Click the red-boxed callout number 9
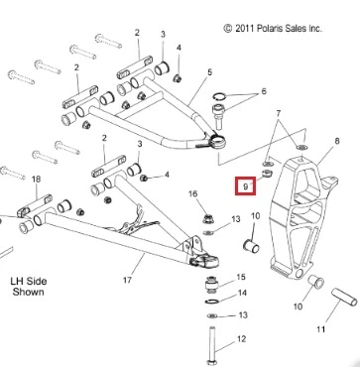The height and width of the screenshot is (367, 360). (x=245, y=186)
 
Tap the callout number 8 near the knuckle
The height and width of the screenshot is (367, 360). (x=337, y=141)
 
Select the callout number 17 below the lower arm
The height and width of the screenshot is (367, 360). (x=128, y=280)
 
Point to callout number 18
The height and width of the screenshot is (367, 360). (x=36, y=180)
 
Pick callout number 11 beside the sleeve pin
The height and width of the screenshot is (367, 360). (x=321, y=329)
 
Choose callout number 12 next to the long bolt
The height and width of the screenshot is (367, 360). (x=242, y=339)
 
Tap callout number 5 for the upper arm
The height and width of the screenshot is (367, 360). (x=210, y=72)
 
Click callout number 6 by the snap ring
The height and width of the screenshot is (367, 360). (x=264, y=91)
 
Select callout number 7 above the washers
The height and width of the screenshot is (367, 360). (x=278, y=114)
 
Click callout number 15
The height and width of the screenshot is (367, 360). (x=241, y=277)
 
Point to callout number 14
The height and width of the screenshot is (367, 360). (x=242, y=294)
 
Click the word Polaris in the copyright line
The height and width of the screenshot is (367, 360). (x=265, y=29)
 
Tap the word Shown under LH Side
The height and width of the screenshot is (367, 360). (x=29, y=293)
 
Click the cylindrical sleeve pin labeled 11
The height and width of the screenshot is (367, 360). (x=344, y=297)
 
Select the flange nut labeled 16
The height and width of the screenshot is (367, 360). (x=207, y=218)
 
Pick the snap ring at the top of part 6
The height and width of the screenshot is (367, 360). (x=219, y=96)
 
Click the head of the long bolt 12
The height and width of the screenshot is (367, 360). (x=211, y=362)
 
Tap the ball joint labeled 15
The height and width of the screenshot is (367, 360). (x=211, y=285)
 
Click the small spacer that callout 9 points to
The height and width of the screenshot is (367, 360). (x=267, y=173)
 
